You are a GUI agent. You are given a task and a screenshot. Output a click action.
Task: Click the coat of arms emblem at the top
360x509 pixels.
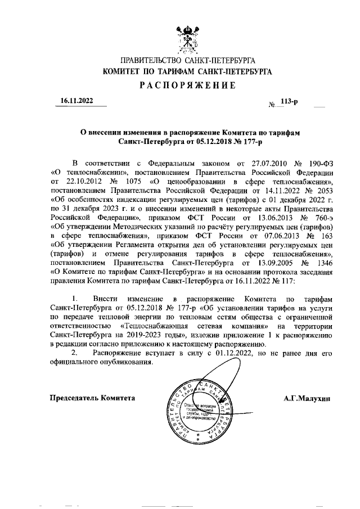[x=180, y=35]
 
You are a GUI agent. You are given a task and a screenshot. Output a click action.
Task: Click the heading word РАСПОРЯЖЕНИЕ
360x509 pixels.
[x=179, y=85]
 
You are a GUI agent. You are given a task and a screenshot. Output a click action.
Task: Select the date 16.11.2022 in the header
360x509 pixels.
[x=77, y=101]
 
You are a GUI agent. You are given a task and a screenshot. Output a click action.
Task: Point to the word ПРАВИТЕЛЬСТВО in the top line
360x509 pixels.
[x=147, y=60]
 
